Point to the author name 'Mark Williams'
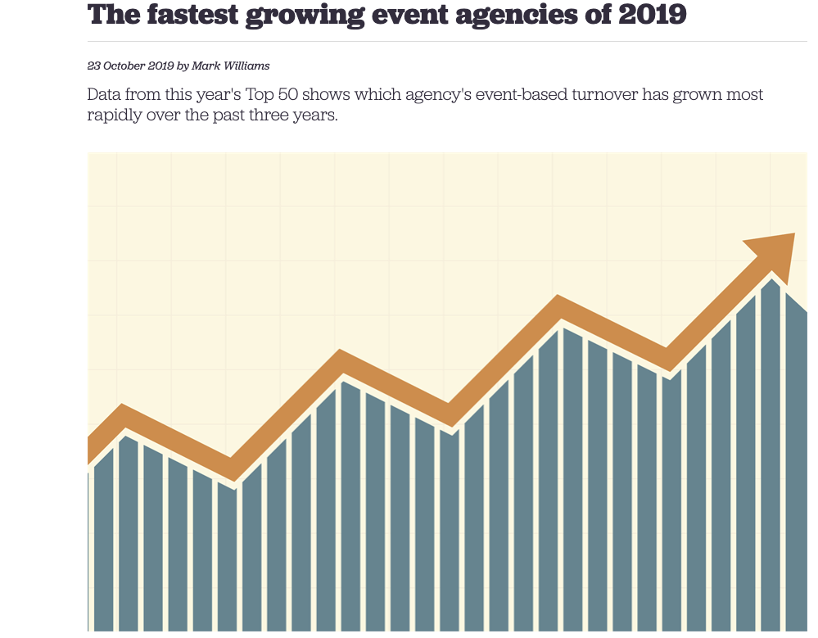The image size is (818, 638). click(x=231, y=66)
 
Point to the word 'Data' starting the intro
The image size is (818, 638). click(x=106, y=94)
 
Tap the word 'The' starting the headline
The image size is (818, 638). click(x=109, y=14)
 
